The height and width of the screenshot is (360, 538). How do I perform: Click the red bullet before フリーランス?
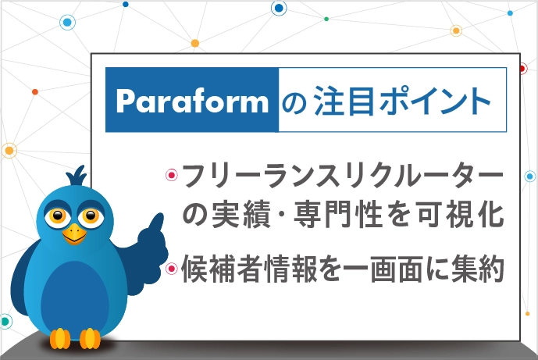tap(172, 175)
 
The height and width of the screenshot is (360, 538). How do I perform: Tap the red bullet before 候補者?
tap(172, 268)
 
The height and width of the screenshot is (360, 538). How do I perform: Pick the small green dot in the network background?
tap(326, 19)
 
